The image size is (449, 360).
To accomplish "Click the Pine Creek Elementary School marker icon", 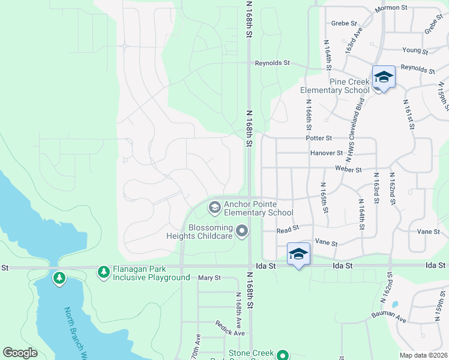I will coord(384,77).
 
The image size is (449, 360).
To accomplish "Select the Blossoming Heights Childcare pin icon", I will coord(242,230).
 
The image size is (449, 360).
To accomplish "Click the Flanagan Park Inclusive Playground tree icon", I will coord(104,272).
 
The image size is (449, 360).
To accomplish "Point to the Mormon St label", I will coord(391,8).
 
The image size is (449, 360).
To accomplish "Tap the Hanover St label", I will coord(327,153).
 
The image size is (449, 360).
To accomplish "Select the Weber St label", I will coord(349,169).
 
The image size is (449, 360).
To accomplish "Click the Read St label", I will coord(288,230).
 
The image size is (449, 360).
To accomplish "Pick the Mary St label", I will coord(209,278).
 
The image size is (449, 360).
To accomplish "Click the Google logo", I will coord(20,353).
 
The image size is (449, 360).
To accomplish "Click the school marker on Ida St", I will coord(298,254).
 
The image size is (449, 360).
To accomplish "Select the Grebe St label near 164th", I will coord(343,23).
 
